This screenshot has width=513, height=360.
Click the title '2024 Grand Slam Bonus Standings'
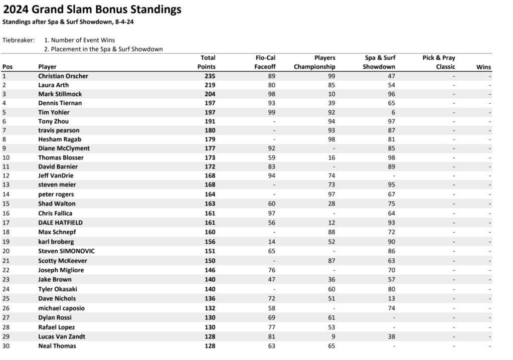(92, 10)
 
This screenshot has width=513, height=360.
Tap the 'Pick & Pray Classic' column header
(439, 62)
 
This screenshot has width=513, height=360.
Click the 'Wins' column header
(483, 67)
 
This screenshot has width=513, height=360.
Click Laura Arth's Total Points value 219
(210, 85)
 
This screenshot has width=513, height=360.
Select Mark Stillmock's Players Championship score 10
(331, 94)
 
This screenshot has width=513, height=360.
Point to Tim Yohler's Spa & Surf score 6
(393, 112)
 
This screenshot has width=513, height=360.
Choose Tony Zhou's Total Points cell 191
(210, 121)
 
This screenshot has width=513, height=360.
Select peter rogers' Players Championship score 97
(331, 194)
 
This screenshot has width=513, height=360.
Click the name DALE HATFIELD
(60, 222)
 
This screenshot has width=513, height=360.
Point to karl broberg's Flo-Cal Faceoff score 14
(272, 241)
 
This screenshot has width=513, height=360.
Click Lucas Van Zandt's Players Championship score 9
(333, 336)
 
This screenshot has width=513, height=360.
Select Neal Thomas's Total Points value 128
(210, 346)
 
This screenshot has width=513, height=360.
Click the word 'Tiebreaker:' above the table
(19, 40)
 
